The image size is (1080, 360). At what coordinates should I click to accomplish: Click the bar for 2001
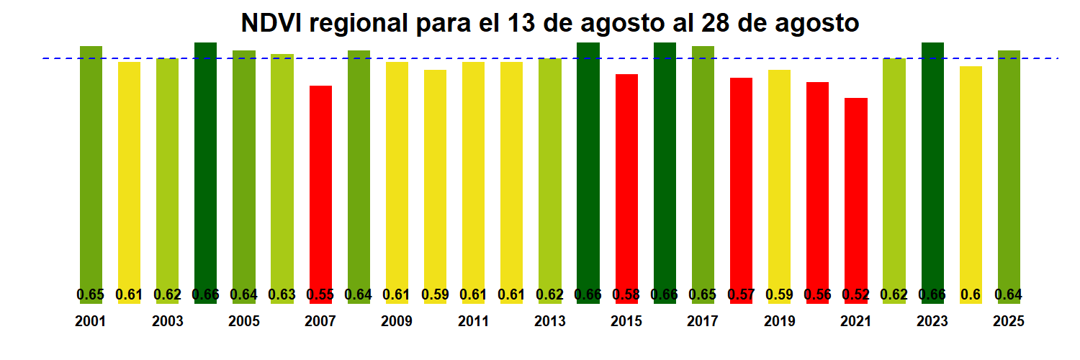91,173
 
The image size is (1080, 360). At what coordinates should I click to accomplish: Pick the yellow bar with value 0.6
971,180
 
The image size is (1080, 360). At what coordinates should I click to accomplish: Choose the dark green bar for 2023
932,173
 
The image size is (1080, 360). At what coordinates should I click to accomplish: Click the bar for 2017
703,173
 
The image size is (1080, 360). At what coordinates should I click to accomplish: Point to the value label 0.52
856,294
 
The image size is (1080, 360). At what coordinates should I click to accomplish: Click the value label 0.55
320,294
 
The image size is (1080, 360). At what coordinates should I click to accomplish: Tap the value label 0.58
626,294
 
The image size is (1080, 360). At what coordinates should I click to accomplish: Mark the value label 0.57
741,294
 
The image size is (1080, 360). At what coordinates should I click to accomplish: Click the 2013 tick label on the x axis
549,322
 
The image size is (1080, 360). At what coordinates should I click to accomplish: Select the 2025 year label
1009,322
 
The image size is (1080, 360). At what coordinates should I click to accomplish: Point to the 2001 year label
91,322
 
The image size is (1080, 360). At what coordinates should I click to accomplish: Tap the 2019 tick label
779,322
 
